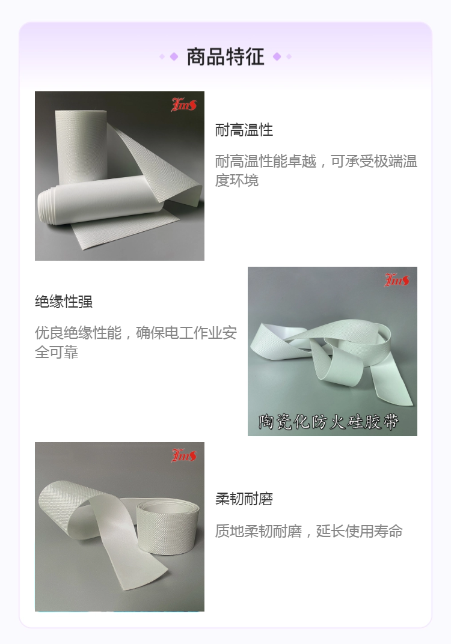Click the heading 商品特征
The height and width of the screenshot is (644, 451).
click(226, 56)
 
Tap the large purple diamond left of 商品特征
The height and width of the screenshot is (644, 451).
click(174, 56)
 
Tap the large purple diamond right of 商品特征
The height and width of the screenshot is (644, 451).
click(277, 56)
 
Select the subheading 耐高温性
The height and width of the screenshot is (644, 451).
click(244, 130)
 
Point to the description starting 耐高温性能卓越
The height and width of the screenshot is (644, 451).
click(316, 171)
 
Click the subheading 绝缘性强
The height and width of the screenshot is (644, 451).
click(64, 302)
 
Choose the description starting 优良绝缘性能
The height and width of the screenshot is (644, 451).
click(136, 342)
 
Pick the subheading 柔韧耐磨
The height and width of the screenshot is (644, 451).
click(244, 499)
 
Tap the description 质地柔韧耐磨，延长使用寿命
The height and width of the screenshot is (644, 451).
click(308, 531)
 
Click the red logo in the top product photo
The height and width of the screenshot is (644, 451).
click(184, 105)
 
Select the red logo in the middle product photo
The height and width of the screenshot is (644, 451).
click(397, 280)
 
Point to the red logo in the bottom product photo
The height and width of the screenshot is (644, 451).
click(184, 455)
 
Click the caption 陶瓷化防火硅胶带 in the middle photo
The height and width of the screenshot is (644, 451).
click(328, 421)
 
